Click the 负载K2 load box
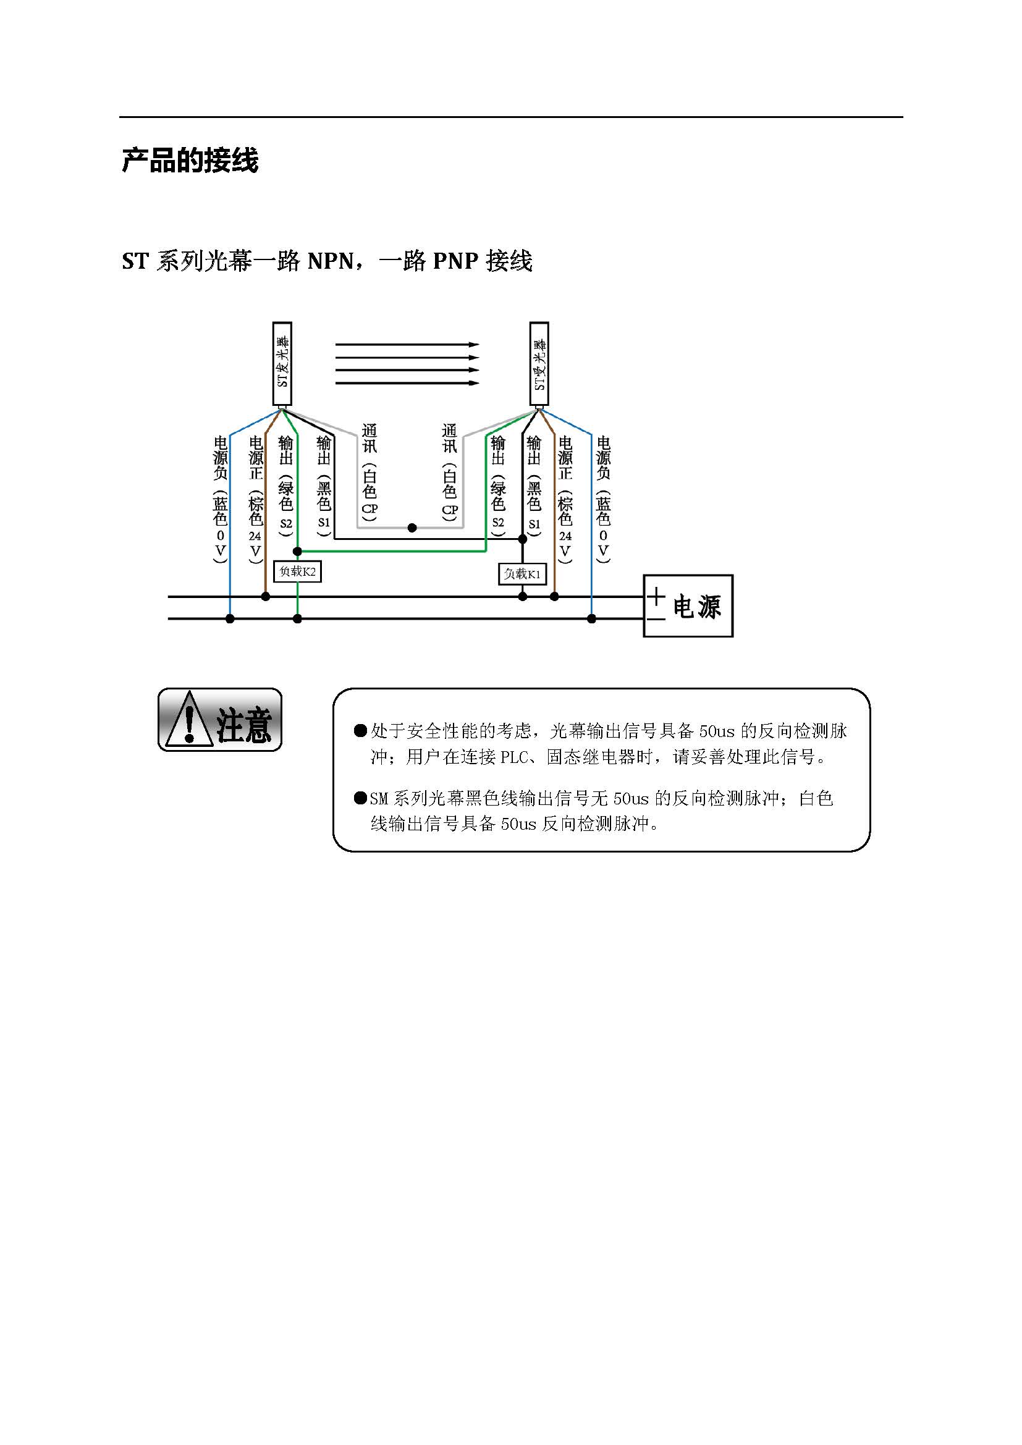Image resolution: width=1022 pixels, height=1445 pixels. click(298, 571)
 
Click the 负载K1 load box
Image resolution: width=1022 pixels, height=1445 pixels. click(522, 574)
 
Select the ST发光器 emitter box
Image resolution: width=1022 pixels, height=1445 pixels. click(282, 364)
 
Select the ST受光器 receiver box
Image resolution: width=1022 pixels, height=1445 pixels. click(539, 364)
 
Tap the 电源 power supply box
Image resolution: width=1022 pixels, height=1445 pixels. click(688, 605)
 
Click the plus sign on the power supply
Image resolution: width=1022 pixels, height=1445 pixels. click(656, 596)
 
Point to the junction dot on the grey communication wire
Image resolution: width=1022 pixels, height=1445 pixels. click(412, 528)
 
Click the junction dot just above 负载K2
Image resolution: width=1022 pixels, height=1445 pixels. click(298, 551)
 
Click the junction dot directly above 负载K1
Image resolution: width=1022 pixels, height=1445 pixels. click(522, 539)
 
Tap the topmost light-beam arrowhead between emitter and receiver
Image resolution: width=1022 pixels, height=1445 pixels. click(474, 344)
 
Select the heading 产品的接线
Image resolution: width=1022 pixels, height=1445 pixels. click(190, 161)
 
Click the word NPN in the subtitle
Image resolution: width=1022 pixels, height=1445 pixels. click(331, 261)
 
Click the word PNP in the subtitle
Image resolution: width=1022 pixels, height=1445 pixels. click(456, 261)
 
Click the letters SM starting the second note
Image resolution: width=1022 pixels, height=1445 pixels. click(379, 799)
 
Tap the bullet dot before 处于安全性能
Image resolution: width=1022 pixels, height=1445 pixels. click(361, 731)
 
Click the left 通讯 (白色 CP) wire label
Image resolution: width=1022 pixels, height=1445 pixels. click(370, 472)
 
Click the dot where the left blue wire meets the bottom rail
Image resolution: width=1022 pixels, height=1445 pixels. click(230, 618)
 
